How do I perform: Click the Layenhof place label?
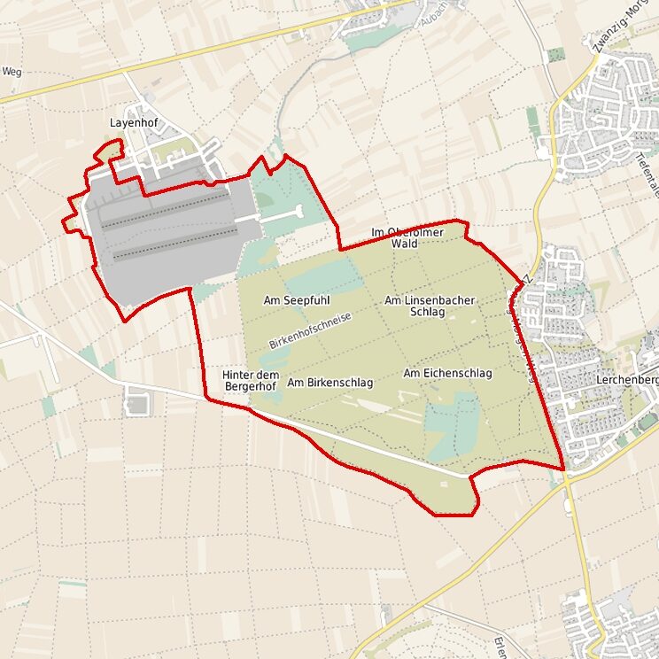coord(133,123)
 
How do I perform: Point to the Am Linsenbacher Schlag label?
coord(430,306)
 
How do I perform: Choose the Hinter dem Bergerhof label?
coord(251,381)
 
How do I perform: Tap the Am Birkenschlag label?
coord(329,383)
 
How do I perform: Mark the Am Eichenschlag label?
coord(447,374)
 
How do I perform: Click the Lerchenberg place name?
coord(628,380)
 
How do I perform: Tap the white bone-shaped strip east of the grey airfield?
coord(280,213)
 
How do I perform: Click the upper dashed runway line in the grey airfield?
coord(168,213)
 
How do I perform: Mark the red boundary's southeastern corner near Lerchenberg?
coord(564,469)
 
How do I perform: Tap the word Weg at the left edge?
coord(12,72)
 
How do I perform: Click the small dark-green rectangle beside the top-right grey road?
coord(555,54)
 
